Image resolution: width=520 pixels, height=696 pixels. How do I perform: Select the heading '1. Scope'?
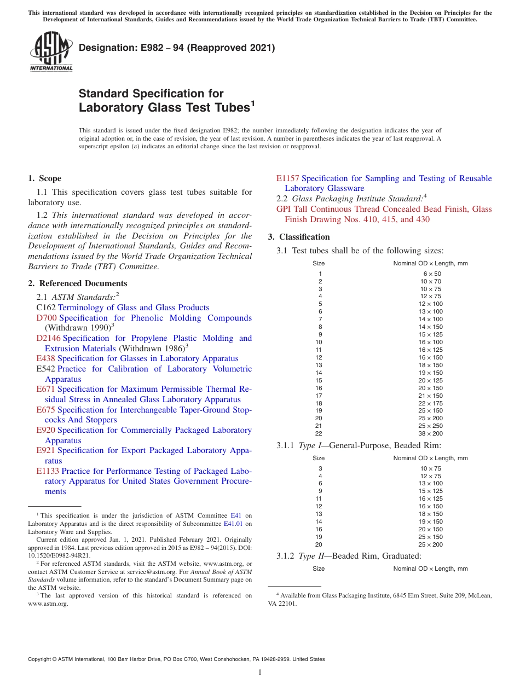pyautogui.click(x=44, y=178)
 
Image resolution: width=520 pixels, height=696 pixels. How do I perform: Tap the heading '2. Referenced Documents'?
pyautogui.click(x=77, y=283)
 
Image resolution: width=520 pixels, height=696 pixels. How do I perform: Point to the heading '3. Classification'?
pyautogui.click(x=299, y=237)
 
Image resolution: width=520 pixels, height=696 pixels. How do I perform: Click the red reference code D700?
pyautogui.click(x=47, y=318)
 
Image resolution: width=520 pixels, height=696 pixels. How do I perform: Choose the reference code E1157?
pyautogui.click(x=287, y=178)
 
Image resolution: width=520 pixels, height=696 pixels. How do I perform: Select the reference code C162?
pyautogui.click(x=46, y=308)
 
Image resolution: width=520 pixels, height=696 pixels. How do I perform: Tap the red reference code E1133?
pyautogui.click(x=48, y=471)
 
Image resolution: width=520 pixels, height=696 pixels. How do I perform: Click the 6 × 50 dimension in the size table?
pyautogui.click(x=431, y=274)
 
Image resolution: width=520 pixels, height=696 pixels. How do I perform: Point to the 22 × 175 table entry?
pyautogui.click(x=431, y=403)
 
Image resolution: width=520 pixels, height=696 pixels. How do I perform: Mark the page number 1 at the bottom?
pyautogui.click(x=260, y=672)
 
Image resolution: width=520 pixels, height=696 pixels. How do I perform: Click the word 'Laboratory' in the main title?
pyautogui.click(x=111, y=108)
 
